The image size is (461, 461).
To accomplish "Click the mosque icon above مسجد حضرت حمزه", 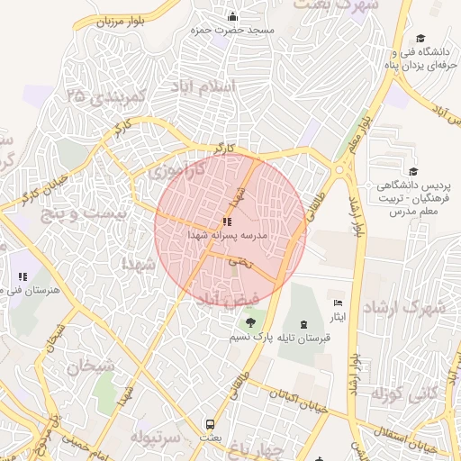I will coord(233,16).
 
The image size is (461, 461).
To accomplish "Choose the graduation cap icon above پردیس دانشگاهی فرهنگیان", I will coord(413,172).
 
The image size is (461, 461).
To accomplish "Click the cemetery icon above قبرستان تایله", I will coord(303,323).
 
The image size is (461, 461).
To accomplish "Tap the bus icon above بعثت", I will coord(210,424).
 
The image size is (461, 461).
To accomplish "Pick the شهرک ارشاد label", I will coord(404,306).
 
